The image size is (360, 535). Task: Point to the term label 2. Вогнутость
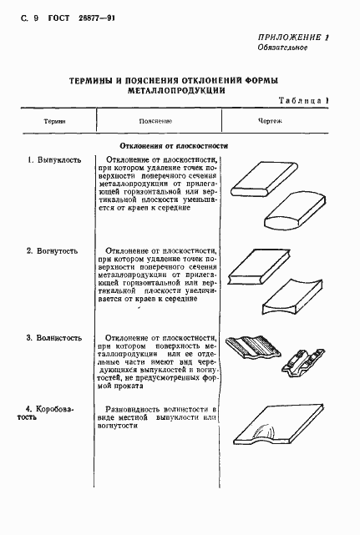(54, 250)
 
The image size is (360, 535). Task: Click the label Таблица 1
(304, 101)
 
